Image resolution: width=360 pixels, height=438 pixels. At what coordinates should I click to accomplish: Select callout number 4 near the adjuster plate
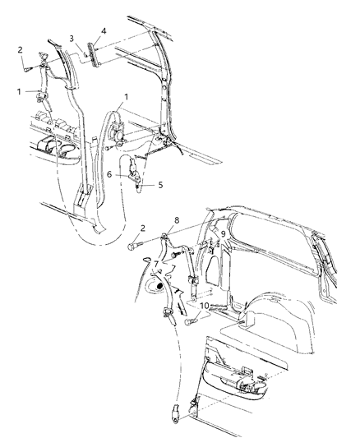pos(103,32)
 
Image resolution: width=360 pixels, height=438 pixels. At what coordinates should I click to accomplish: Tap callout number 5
pos(160,185)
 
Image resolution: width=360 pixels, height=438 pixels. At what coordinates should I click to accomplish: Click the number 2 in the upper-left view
pos(20,49)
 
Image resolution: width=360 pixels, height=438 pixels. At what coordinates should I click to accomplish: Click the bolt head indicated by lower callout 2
pos(134,244)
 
